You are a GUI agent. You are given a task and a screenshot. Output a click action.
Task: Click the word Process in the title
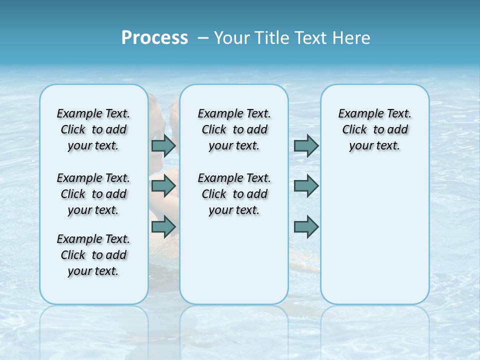(154, 38)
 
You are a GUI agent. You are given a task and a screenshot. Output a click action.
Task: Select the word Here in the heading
(352, 38)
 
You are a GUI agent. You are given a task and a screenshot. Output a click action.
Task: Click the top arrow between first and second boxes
(163, 145)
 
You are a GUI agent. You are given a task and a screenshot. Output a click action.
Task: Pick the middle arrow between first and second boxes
(163, 186)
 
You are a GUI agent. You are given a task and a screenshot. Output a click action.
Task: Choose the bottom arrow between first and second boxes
(163, 227)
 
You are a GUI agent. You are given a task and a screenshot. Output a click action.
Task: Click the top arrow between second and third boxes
(306, 145)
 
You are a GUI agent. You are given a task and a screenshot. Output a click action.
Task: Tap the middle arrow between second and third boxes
(306, 186)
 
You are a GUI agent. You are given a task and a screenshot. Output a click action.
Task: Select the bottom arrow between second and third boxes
(306, 227)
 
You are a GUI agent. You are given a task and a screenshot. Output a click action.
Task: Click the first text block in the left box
(93, 129)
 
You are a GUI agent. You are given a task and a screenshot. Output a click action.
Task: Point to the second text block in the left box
(93, 194)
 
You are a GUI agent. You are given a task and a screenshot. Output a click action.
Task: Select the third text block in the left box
(93, 255)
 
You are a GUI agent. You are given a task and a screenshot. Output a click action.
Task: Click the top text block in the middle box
(234, 129)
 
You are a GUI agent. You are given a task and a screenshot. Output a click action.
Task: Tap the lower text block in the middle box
(234, 194)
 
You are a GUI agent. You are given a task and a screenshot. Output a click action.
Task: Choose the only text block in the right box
(374, 129)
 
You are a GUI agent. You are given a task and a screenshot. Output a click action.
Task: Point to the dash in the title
(203, 38)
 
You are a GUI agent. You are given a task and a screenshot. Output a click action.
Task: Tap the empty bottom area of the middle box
(234, 265)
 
